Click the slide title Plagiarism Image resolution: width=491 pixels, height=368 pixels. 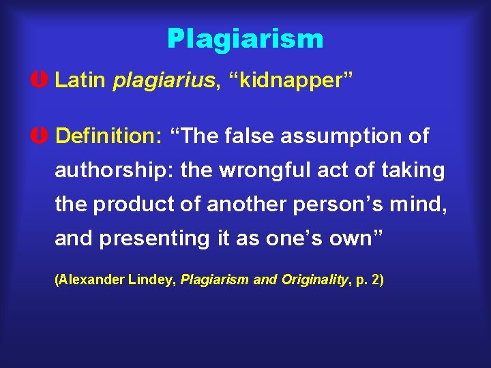pos(245,39)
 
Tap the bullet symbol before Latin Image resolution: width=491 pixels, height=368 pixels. pos(43,80)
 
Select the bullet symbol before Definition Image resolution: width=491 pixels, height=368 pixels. pos(43,136)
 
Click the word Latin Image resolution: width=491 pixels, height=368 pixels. pos(80,80)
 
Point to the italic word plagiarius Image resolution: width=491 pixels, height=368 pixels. pos(163,80)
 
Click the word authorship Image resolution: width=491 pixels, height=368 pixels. pos(115,170)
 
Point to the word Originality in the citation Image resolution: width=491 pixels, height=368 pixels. pos(312,279)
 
